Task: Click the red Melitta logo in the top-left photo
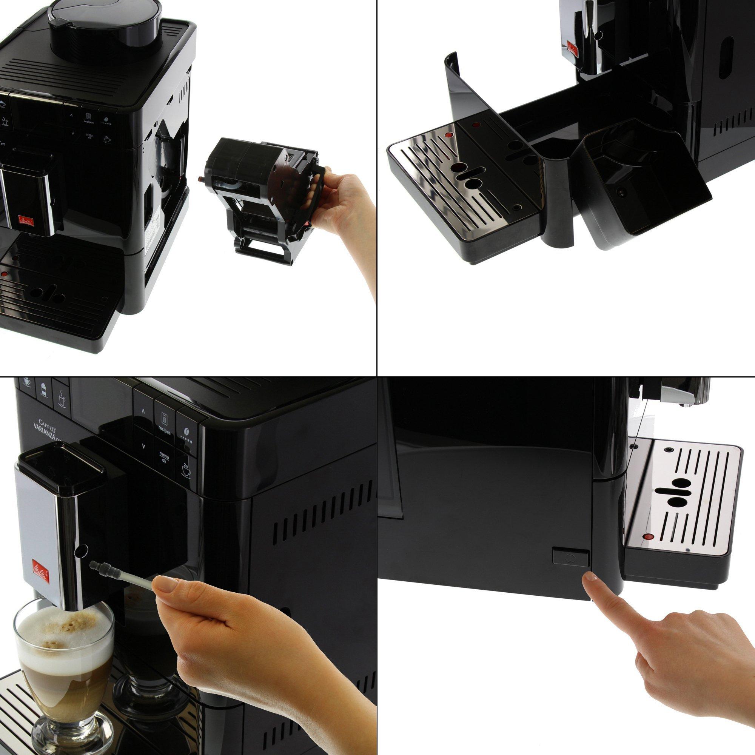pos(28,221)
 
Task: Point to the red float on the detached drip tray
pos(448,135)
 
